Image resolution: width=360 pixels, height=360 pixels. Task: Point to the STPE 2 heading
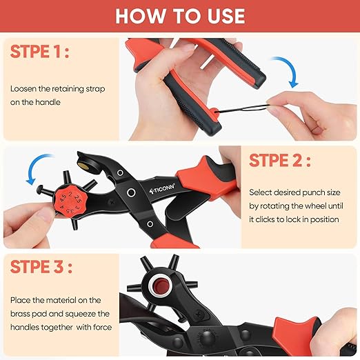(x=279, y=161)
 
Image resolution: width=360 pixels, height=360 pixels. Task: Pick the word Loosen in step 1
(x=24, y=89)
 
